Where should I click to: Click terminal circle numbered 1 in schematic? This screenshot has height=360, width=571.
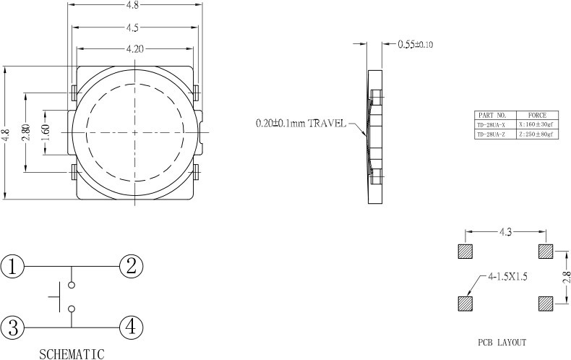(12, 267)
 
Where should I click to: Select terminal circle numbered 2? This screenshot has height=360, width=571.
(131, 266)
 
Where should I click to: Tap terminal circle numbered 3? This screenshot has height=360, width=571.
(12, 327)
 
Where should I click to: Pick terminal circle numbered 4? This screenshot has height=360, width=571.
(131, 327)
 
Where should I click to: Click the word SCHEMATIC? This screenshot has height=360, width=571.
(72, 354)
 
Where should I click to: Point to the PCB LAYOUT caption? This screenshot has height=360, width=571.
(502, 343)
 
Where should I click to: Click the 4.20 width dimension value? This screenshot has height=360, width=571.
(134, 49)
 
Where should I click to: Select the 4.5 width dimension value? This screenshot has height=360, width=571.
(132, 27)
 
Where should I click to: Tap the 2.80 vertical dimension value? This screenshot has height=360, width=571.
(25, 132)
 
